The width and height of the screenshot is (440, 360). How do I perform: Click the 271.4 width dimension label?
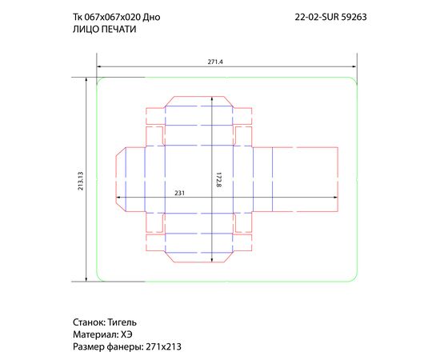(215, 62)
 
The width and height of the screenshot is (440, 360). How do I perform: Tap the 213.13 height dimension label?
(81, 181)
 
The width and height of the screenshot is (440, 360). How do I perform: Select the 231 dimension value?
(180, 193)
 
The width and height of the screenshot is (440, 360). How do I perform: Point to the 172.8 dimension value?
(219, 180)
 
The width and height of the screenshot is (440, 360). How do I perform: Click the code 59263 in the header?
(354, 17)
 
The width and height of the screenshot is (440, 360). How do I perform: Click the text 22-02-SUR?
(317, 17)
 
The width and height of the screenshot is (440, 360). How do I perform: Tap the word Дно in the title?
(151, 17)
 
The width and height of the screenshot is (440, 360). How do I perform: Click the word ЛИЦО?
(86, 29)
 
